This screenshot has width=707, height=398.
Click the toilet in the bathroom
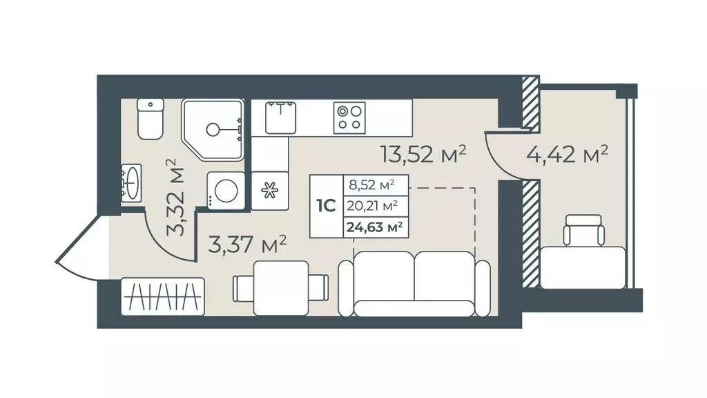coord(150,119)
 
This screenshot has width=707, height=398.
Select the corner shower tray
coord(213,130)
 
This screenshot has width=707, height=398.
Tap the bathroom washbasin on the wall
coord(132,182)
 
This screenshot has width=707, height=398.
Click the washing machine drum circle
coord(226,190)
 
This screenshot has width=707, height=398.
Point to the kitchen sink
coord(280,117)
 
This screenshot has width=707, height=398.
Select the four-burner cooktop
coord(349,117)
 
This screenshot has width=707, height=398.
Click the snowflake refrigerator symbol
coord(270,191)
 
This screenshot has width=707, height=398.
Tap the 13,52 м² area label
coord(423,154)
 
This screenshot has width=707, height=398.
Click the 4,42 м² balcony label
coord(568,154)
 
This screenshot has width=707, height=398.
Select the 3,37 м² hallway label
coord(247,245)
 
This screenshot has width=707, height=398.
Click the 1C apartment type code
coord(326,206)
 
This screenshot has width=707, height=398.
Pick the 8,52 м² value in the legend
coord(371,184)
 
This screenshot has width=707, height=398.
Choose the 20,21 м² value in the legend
coord(372,206)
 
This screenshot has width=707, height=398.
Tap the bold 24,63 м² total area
coord(374,227)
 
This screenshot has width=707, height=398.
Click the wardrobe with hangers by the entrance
coord(163,296)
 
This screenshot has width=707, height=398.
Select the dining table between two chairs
coord(281,288)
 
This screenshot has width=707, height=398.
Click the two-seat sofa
coord(414,284)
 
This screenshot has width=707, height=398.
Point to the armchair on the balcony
coord(583,231)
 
